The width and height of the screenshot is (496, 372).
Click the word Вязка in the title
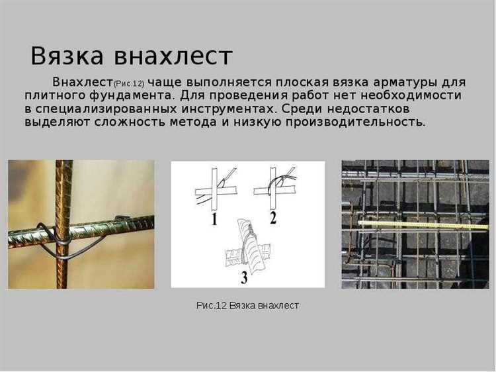coord(67,56)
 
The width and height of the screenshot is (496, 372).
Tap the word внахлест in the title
coord(173,56)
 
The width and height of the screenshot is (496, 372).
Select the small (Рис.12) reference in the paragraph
coord(129,84)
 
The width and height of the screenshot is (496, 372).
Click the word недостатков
coord(368,109)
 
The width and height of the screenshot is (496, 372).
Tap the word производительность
coord(356,122)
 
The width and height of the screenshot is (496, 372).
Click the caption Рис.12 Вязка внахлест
coord(248,306)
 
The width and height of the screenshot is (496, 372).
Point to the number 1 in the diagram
coord(214,219)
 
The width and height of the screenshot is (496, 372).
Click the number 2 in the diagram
coord(273,218)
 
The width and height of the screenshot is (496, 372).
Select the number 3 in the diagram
coord(244,277)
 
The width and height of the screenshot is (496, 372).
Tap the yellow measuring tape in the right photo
coord(423,225)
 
